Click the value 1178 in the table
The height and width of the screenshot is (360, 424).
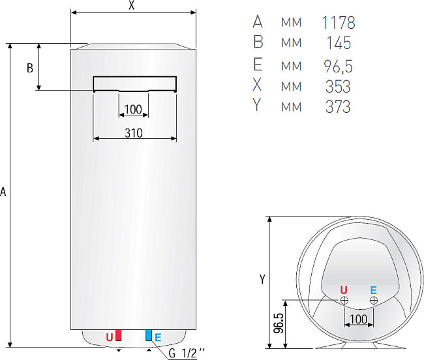click(x=339, y=23)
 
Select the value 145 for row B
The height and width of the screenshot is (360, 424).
click(x=338, y=44)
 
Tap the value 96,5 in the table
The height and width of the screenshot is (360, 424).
click(x=338, y=65)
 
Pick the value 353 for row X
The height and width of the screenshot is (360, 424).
click(x=338, y=86)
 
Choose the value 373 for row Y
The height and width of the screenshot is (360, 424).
click(x=338, y=106)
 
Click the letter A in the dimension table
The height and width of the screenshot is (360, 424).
click(x=258, y=23)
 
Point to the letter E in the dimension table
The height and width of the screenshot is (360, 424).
click(x=258, y=65)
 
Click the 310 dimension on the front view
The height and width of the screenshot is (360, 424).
click(x=134, y=133)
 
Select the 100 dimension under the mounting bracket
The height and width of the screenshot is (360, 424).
click(x=132, y=108)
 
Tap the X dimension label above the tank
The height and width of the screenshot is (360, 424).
click(x=132, y=6)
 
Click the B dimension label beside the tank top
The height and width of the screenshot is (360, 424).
click(x=29, y=68)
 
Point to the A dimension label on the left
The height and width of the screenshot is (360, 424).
click(x=4, y=192)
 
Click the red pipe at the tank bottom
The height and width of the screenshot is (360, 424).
click(x=118, y=336)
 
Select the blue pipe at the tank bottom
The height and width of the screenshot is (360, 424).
click(x=149, y=336)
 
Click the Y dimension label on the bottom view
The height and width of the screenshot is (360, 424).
click(x=262, y=279)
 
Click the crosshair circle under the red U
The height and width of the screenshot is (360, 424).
click(x=344, y=300)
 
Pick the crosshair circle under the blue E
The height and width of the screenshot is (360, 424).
click(x=373, y=300)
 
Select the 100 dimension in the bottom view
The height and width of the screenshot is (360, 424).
click(x=359, y=319)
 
